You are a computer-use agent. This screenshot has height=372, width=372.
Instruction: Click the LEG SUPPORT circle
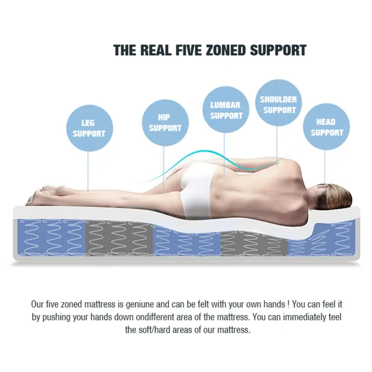[x=89, y=128]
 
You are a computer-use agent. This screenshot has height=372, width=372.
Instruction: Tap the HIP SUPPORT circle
[x=165, y=123]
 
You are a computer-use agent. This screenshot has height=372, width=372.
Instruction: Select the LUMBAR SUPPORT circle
[x=226, y=110]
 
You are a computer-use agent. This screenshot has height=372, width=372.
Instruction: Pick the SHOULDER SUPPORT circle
[x=279, y=103]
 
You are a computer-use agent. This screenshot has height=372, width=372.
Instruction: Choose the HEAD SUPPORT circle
[x=327, y=127]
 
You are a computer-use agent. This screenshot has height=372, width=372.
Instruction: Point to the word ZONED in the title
[x=225, y=50]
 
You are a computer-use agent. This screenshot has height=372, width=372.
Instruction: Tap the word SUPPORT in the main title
[x=278, y=50]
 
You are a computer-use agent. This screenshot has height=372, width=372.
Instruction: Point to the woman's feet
[x=45, y=195]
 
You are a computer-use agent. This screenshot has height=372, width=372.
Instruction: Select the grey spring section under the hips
[x=119, y=238]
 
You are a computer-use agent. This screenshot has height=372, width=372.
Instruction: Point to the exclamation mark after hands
[x=289, y=304]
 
